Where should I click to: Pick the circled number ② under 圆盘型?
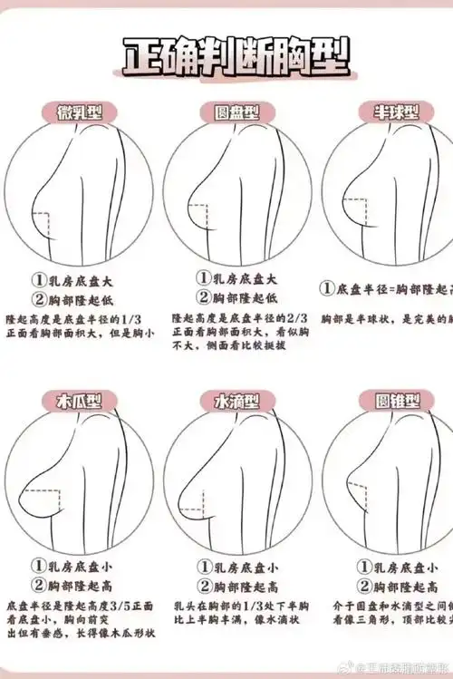[x=204, y=298]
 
